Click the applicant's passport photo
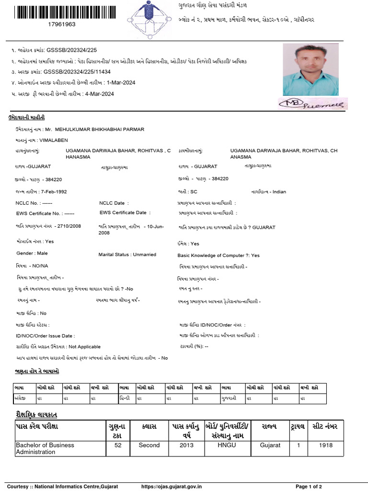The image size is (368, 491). point(310,70)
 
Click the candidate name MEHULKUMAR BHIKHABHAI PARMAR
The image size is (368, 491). point(100,129)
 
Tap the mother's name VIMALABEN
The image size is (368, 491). point(54,140)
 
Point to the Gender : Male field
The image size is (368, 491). point(32,253)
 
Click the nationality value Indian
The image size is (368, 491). point(279,192)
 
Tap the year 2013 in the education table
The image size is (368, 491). point(186,445)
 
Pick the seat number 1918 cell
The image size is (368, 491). point(326,445)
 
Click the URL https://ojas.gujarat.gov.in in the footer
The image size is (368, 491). point(172,486)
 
